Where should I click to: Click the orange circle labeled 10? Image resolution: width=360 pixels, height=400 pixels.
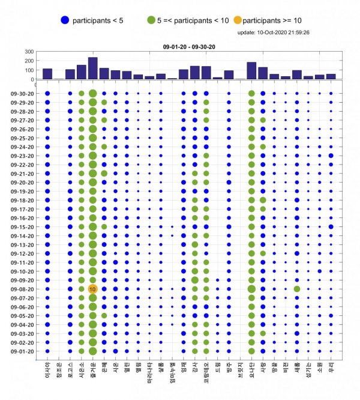(x=92, y=289)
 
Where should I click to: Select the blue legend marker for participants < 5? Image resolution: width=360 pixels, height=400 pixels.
(x=64, y=20)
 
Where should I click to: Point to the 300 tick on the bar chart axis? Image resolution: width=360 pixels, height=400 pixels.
(x=29, y=52)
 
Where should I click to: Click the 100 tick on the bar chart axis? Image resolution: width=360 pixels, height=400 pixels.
(x=29, y=70)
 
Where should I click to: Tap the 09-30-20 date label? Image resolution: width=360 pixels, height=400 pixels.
(x=23, y=94)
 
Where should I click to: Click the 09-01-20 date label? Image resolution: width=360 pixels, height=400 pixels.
(x=23, y=351)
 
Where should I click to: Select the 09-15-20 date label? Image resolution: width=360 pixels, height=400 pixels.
(x=23, y=227)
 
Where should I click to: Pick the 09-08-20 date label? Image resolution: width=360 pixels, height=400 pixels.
(x=23, y=289)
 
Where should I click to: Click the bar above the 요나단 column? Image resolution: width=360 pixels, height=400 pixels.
(x=251, y=71)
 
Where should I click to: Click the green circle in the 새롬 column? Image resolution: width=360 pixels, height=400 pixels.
(x=297, y=289)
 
